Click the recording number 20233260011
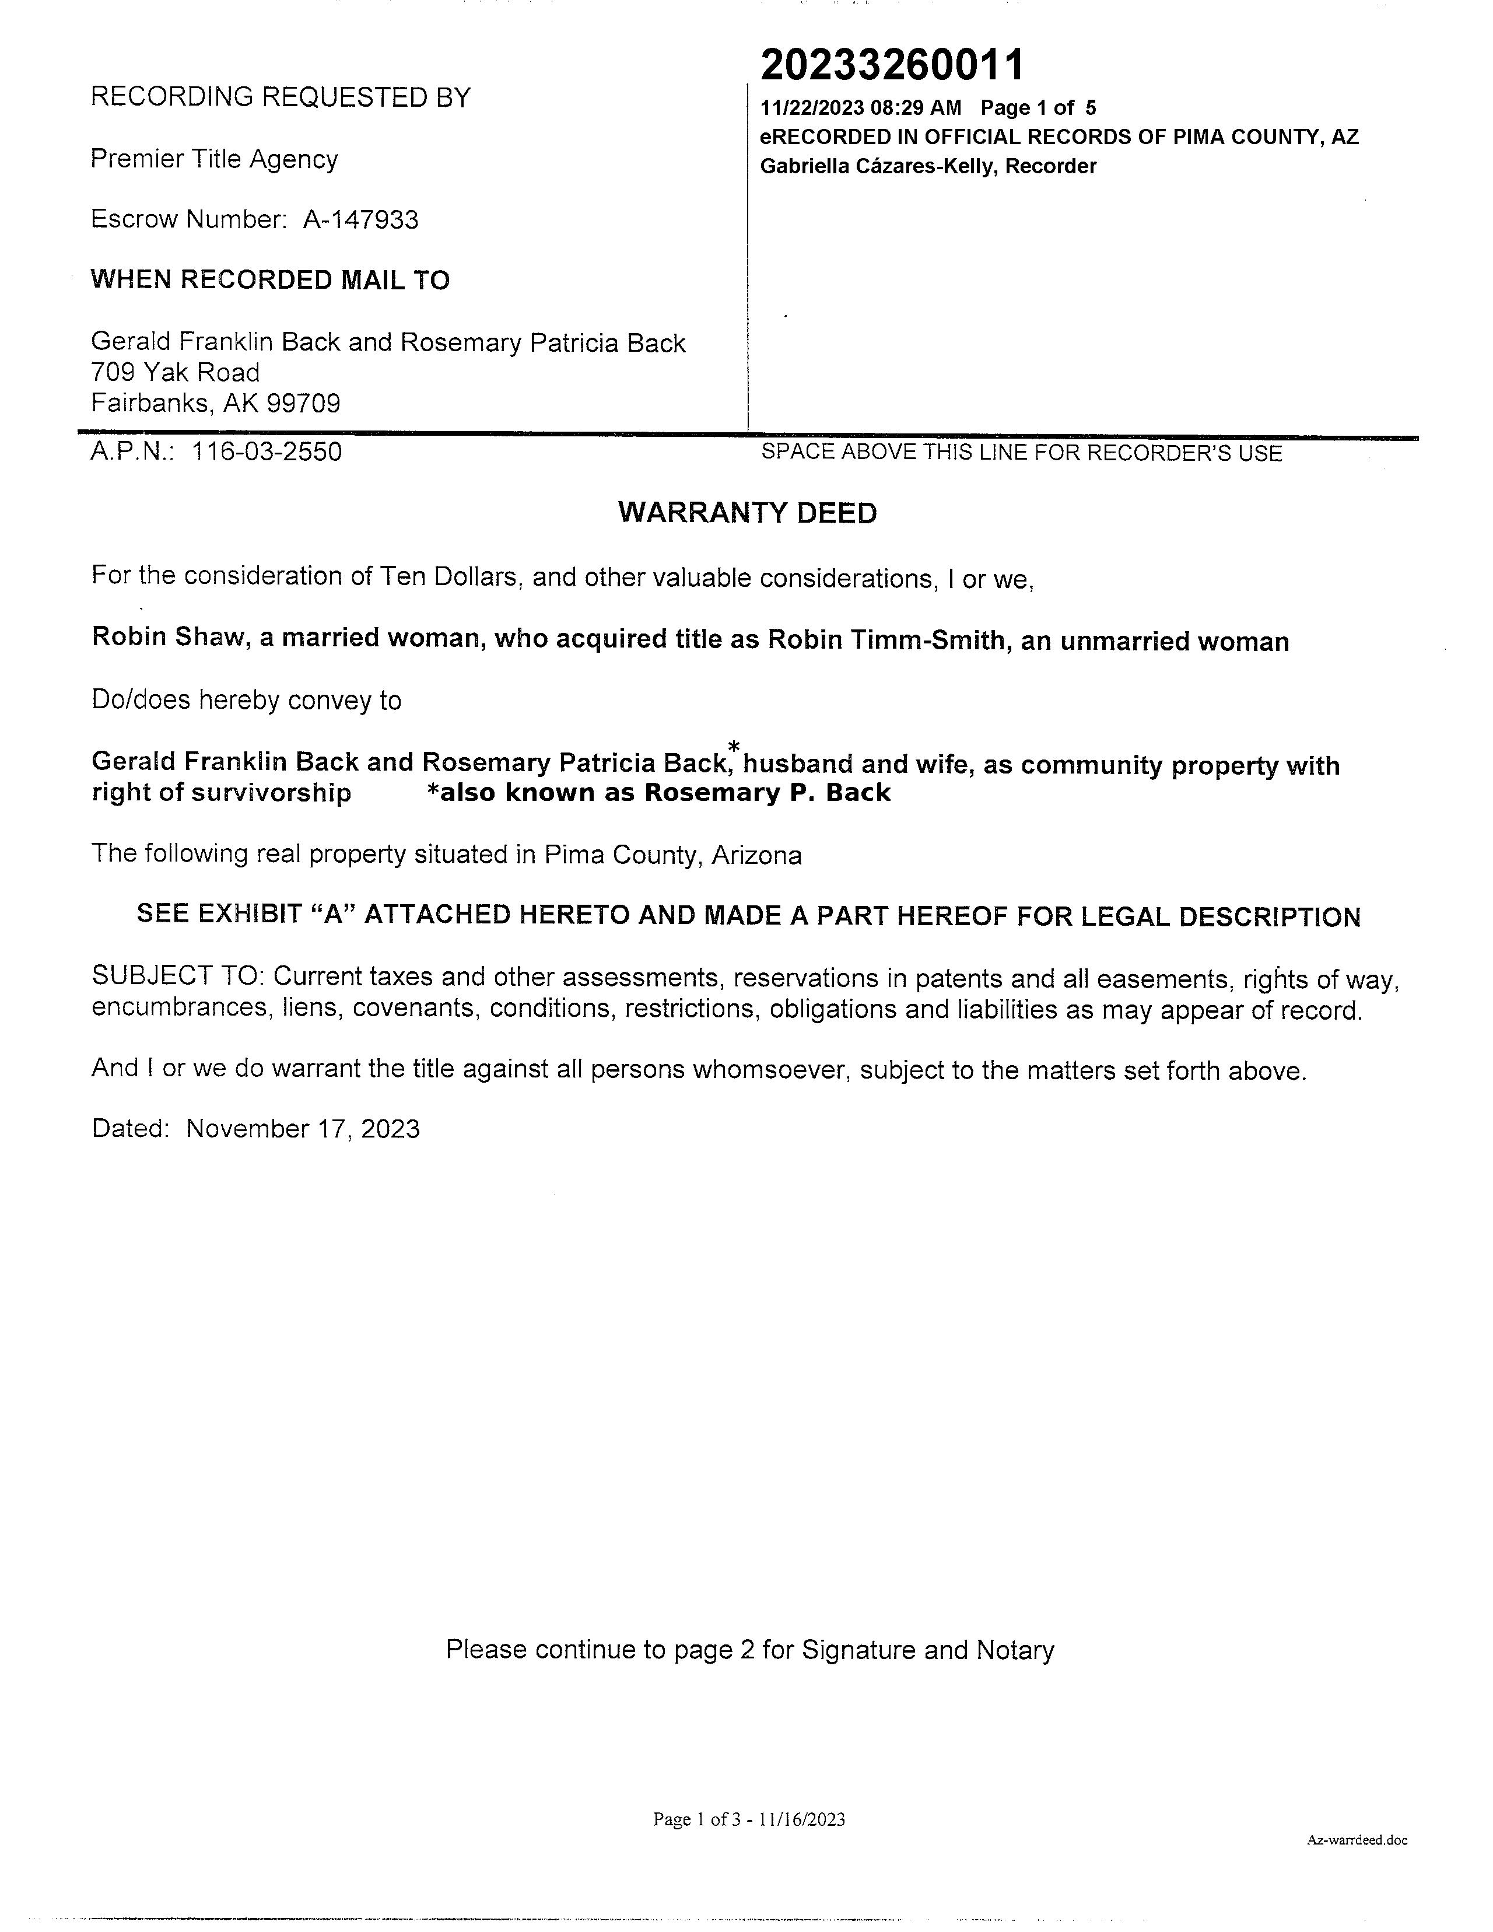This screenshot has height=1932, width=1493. [892, 65]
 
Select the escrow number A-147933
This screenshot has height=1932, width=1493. [361, 219]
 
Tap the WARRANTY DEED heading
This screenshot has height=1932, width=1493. [748, 513]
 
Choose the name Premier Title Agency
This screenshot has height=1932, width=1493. [214, 159]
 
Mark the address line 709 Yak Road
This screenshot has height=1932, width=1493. [175, 372]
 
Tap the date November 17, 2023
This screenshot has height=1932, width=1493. [303, 1129]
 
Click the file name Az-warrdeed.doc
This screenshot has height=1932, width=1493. [1357, 1840]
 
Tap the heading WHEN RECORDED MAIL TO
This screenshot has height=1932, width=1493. [270, 281]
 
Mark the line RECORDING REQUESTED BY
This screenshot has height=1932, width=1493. [281, 97]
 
